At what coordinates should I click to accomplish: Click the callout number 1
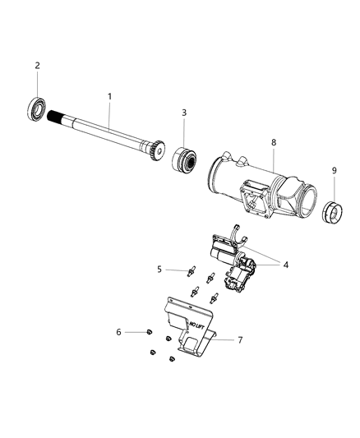[x=109, y=97]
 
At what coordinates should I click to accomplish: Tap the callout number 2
[x=37, y=66]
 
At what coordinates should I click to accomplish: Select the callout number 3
[x=184, y=113]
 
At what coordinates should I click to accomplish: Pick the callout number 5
[x=160, y=269]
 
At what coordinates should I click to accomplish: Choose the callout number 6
[x=118, y=331]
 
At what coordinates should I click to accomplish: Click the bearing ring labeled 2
[x=38, y=108]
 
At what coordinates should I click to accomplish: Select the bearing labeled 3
[x=183, y=158]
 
